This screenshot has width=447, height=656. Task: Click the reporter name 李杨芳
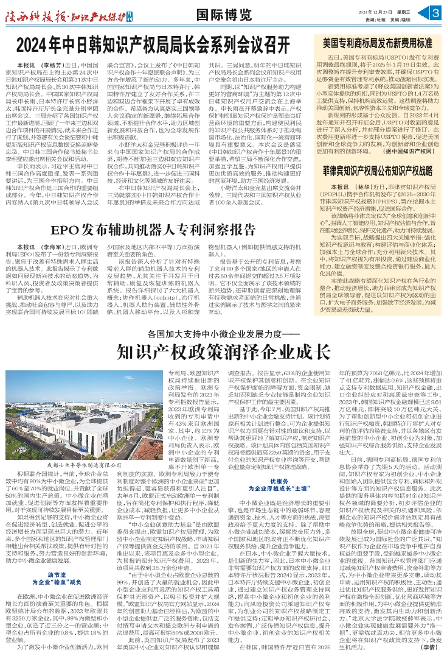[51, 65]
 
